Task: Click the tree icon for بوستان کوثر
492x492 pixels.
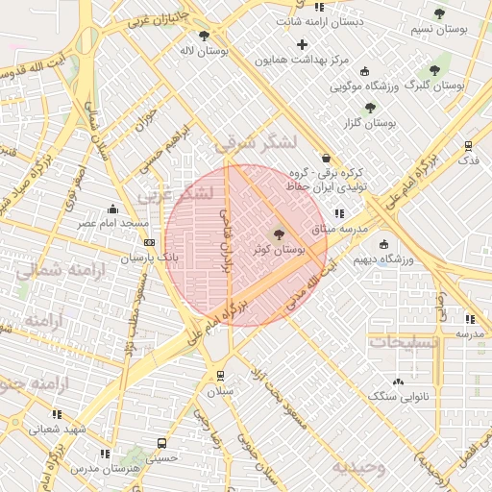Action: (279, 233)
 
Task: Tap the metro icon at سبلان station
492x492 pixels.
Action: (221, 376)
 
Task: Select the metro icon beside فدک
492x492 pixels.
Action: (468, 146)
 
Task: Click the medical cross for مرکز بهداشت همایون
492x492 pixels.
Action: (303, 44)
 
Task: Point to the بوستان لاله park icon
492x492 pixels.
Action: (204, 36)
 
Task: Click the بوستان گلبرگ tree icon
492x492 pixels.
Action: (433, 70)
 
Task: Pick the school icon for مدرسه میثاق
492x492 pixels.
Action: (339, 214)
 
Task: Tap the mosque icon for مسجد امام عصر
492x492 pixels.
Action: (113, 209)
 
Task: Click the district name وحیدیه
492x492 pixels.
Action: (359, 468)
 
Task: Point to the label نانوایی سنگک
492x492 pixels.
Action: (401, 396)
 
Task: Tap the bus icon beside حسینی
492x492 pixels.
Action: (160, 444)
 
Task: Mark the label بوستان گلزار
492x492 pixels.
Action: (371, 123)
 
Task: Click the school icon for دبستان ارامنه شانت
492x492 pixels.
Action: (319, 7)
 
